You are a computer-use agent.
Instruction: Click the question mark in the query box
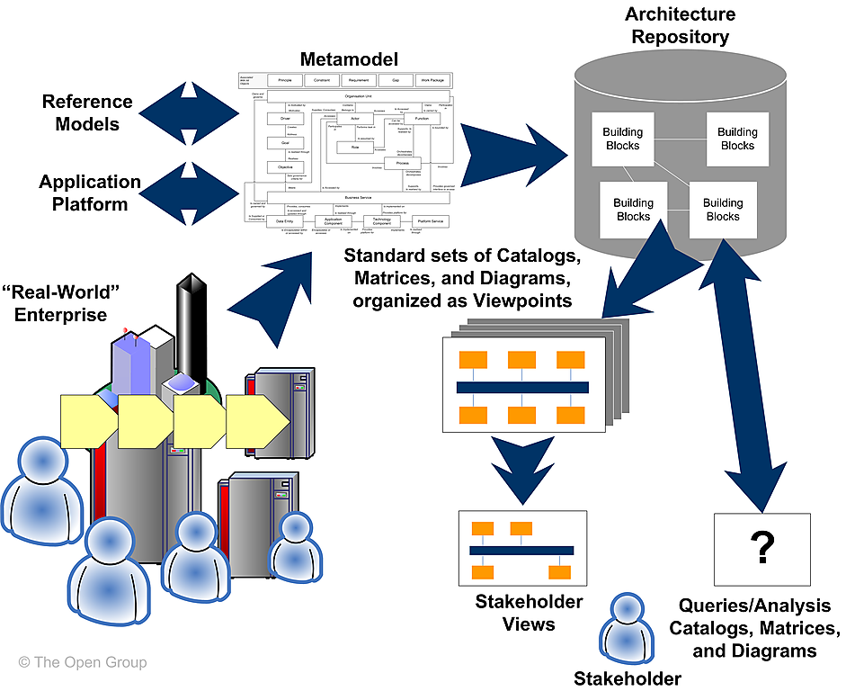click(762, 546)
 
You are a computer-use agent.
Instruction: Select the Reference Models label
click(87, 112)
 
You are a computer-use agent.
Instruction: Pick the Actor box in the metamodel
click(355, 118)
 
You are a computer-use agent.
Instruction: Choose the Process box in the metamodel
click(402, 163)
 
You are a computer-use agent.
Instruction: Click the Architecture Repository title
click(681, 25)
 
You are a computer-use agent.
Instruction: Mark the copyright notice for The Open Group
click(82, 662)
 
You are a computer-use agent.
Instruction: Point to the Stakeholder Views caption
click(529, 612)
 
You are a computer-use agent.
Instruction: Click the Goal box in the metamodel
click(284, 142)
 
